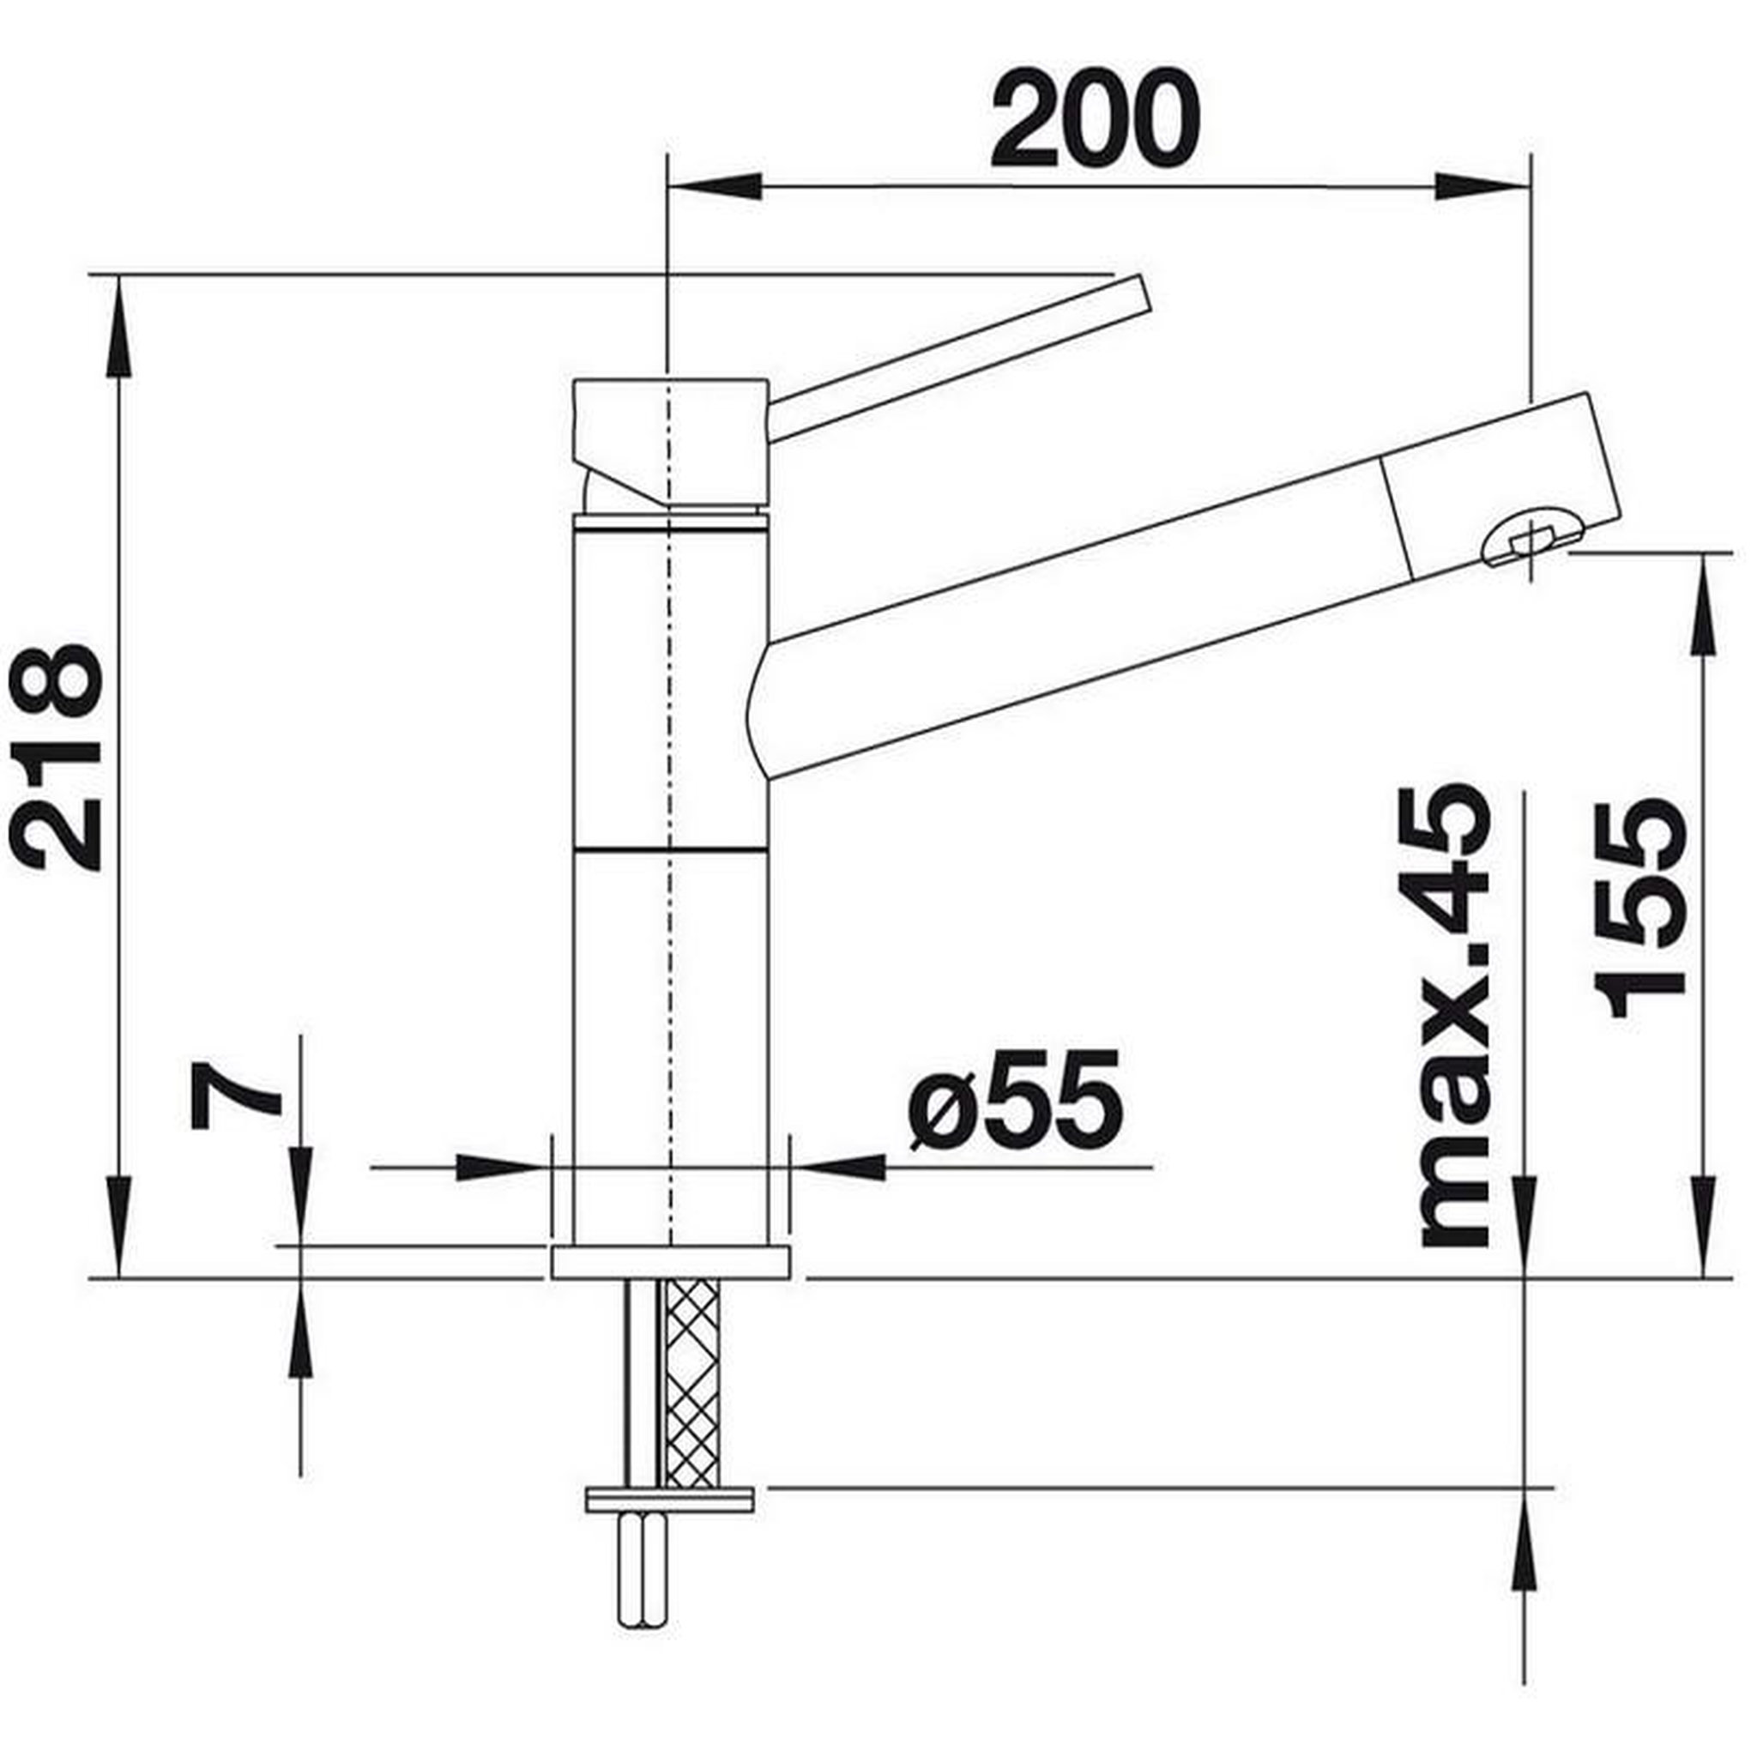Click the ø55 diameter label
click(1017, 1102)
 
